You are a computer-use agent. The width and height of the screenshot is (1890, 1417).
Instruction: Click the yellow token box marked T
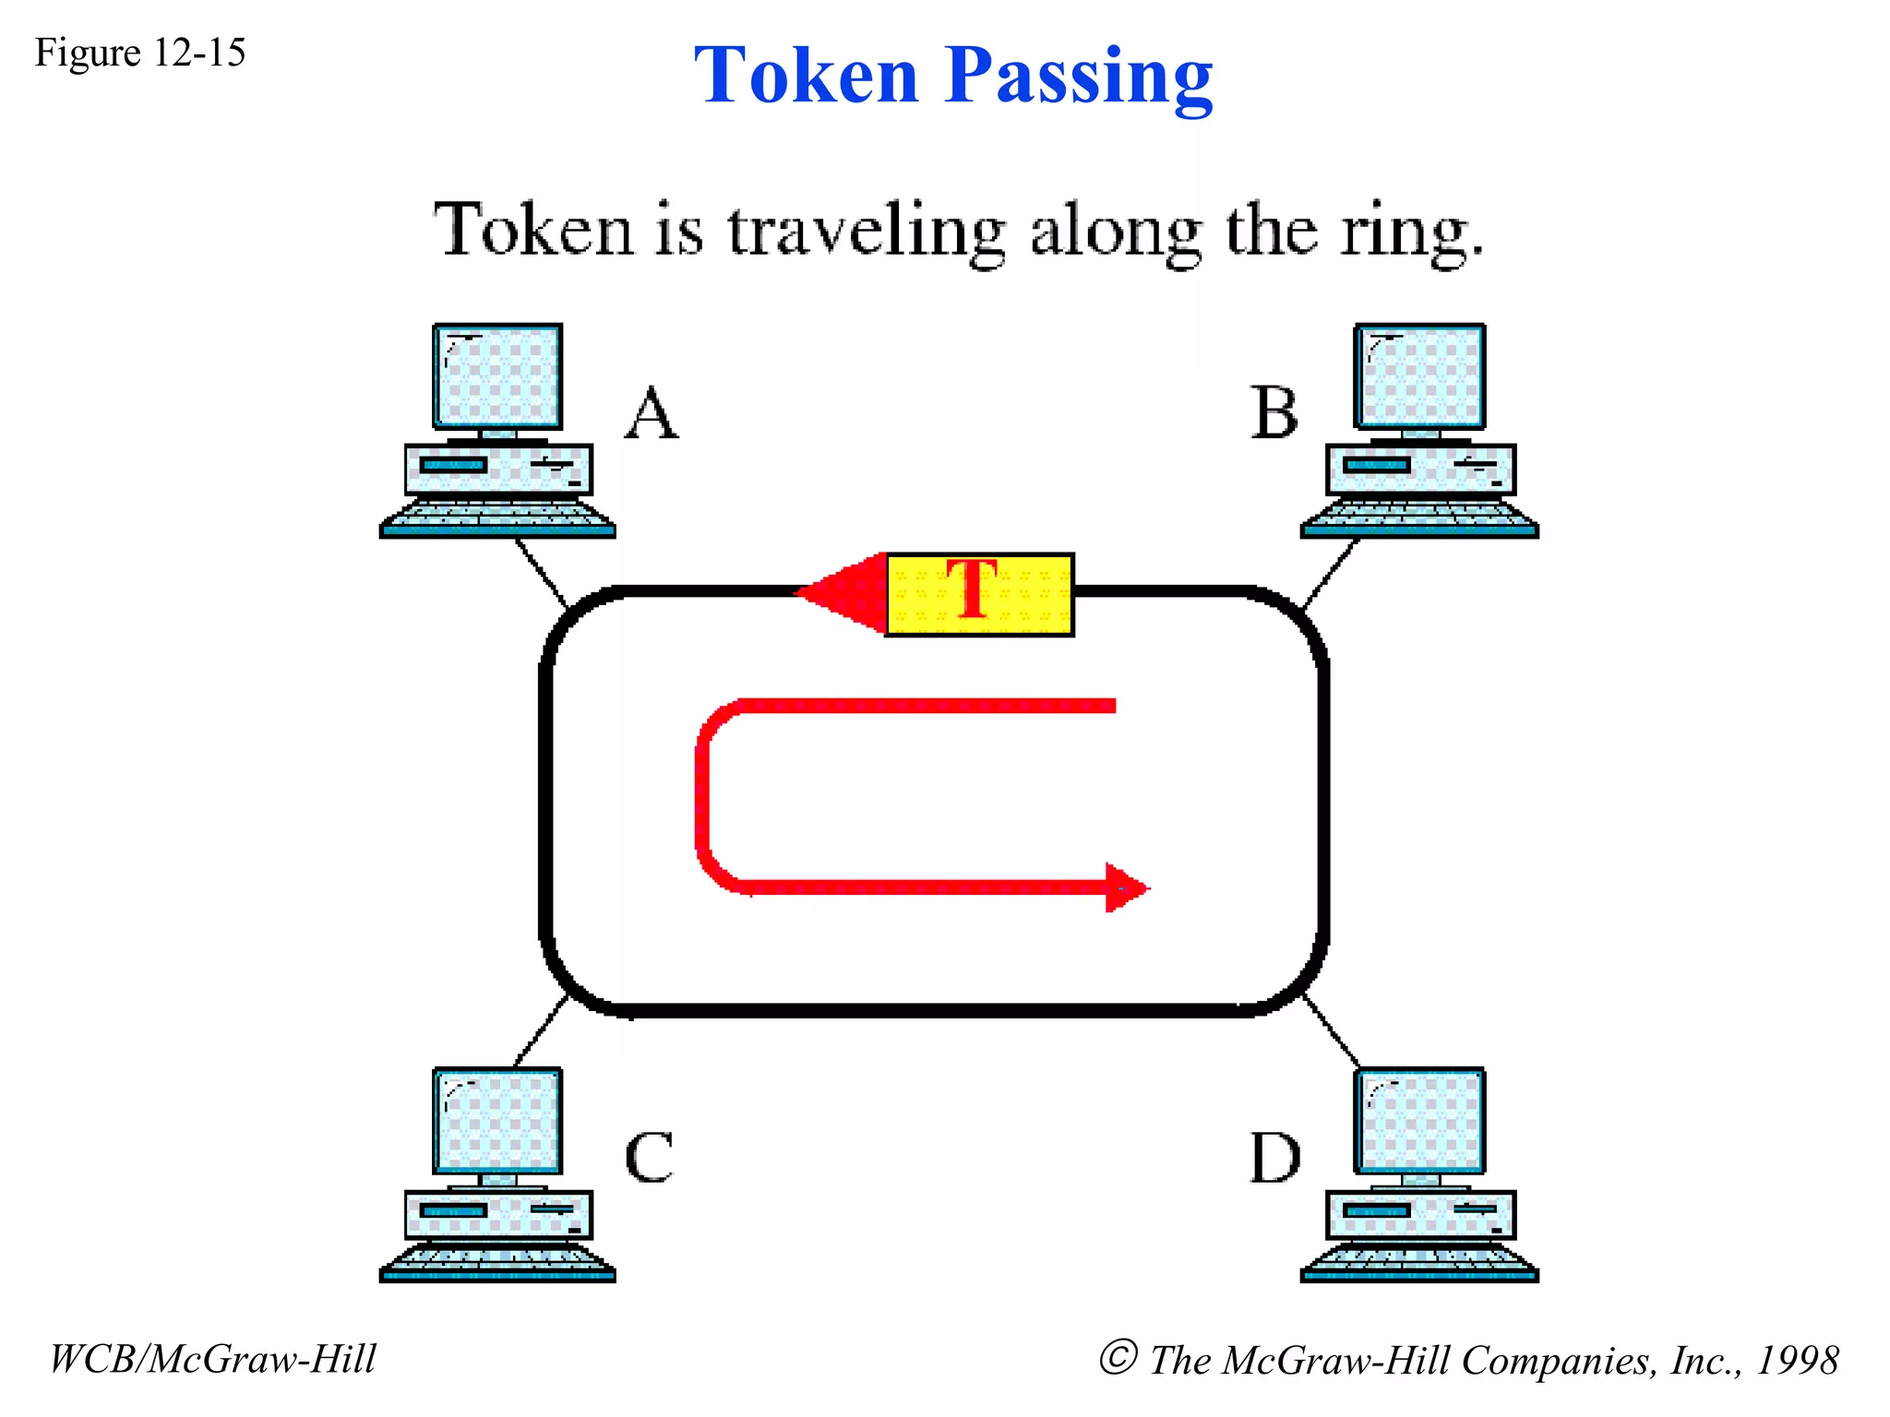[979, 595]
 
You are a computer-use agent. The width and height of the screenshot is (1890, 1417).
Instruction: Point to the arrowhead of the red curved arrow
[1127, 888]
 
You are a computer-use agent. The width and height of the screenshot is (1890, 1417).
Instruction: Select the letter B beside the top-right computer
[1274, 412]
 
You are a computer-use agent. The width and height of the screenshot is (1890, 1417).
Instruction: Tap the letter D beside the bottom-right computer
[1275, 1158]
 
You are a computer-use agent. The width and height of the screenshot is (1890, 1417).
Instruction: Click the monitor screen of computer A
[498, 376]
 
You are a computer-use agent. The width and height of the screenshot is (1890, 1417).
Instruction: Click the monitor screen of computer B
[1419, 376]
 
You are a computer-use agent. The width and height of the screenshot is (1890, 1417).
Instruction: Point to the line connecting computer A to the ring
[542, 573]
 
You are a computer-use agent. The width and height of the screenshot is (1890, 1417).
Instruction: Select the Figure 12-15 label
[140, 53]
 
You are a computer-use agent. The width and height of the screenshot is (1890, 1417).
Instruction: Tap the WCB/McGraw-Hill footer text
[212, 1359]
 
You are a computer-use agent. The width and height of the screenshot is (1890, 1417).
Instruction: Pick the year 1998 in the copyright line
[1798, 1360]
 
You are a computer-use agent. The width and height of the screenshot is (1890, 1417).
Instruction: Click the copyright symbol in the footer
[1118, 1357]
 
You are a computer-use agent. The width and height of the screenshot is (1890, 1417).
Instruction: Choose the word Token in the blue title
[806, 76]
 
